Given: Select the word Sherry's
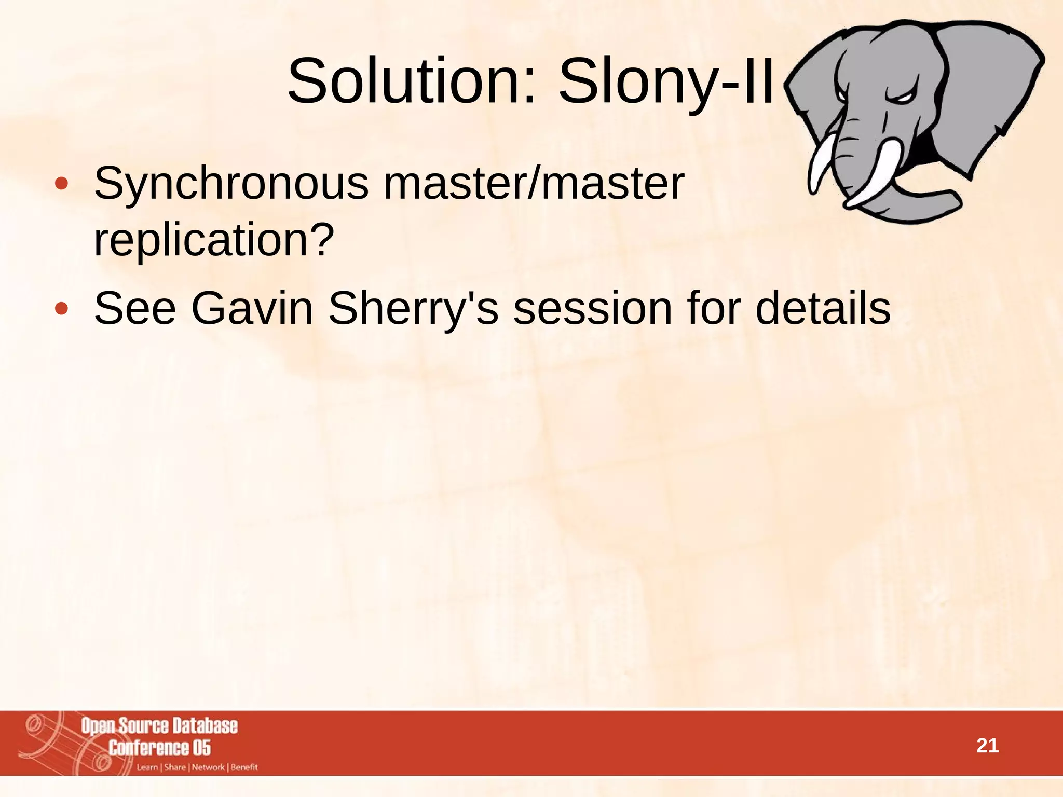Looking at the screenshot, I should coord(413,309).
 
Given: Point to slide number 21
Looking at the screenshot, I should coord(987,746).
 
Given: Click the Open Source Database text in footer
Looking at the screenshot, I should coord(159,725).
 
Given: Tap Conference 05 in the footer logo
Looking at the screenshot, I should coord(159,748).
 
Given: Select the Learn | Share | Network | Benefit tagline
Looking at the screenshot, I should coord(197,767).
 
